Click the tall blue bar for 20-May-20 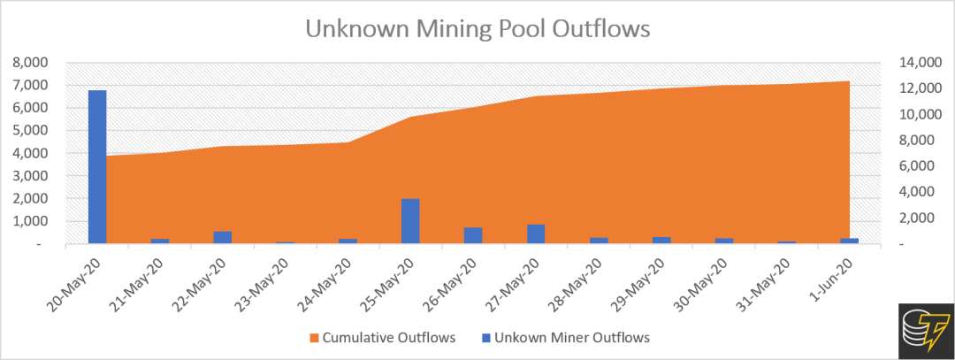click(x=97, y=166)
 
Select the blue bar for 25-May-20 click(x=410, y=221)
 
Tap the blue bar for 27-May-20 click(x=536, y=234)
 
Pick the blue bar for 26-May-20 click(x=473, y=235)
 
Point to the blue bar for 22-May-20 click(x=223, y=237)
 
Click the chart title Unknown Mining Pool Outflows click(x=477, y=28)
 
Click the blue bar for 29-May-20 click(x=661, y=240)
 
